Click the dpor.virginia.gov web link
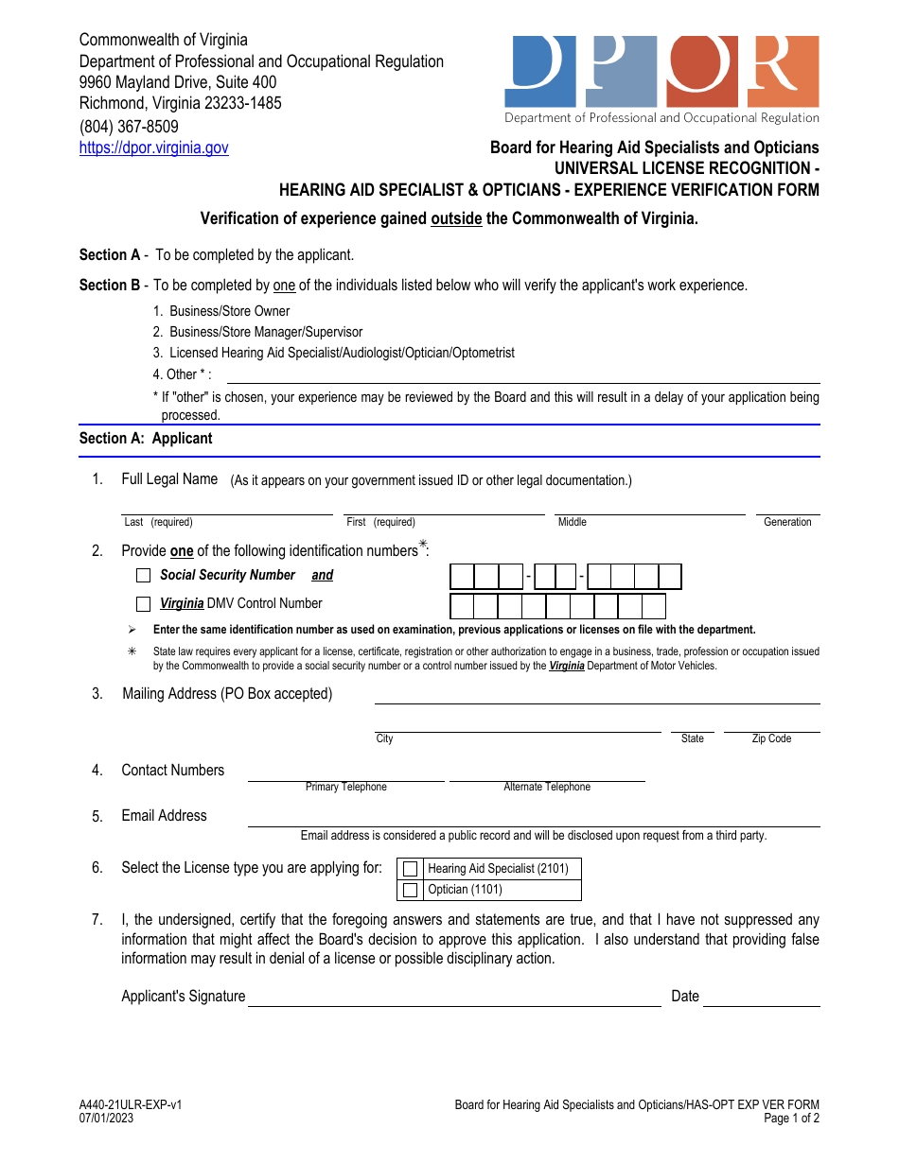153,148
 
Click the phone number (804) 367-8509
129,126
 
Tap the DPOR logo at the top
661,79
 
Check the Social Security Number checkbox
144,575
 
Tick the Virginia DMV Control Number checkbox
144,603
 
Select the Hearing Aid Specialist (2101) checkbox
410,869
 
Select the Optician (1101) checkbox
410,890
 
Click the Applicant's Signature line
454,998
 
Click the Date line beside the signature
761,998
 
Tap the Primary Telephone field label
345,787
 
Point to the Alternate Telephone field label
547,787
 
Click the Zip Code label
771,738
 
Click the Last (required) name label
158,522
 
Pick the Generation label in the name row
787,522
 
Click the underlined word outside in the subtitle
456,218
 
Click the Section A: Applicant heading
146,438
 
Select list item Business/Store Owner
229,311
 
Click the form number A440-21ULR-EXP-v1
131,1104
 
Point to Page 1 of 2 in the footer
791,1118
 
